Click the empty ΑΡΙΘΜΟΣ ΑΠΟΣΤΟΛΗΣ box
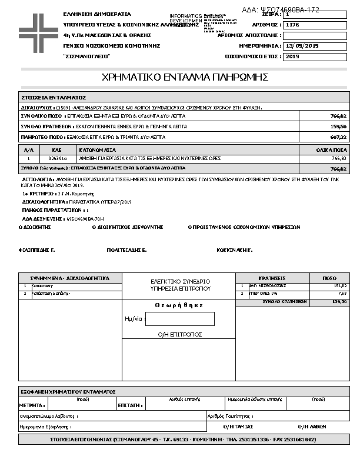point(315,35)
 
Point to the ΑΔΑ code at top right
point(289,10)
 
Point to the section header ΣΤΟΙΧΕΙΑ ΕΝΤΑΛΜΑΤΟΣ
point(54,97)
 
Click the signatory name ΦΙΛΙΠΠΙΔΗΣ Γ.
point(37,250)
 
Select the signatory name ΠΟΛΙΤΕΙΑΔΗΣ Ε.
point(126,250)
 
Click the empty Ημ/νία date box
point(179,319)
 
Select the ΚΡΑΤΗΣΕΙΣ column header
point(272,278)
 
